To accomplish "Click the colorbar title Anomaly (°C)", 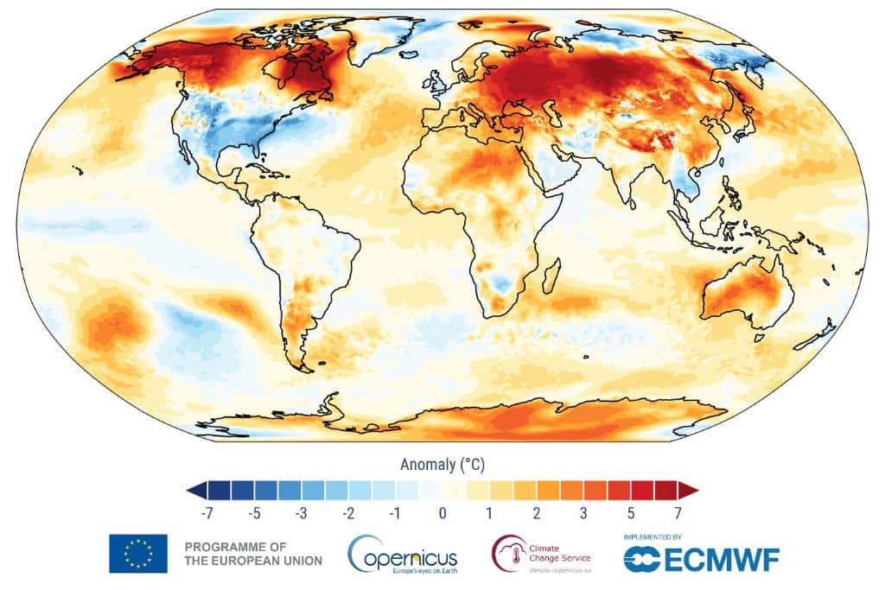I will (442, 465).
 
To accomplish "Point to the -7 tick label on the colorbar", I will (207, 513).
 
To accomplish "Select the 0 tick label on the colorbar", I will (442, 513).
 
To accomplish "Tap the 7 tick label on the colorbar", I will (678, 513).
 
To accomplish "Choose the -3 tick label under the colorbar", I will (301, 513).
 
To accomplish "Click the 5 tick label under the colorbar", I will (631, 513).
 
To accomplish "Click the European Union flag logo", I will (137, 553).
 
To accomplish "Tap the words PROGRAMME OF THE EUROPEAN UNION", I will (253, 554).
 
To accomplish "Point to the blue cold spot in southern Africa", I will (499, 284).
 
